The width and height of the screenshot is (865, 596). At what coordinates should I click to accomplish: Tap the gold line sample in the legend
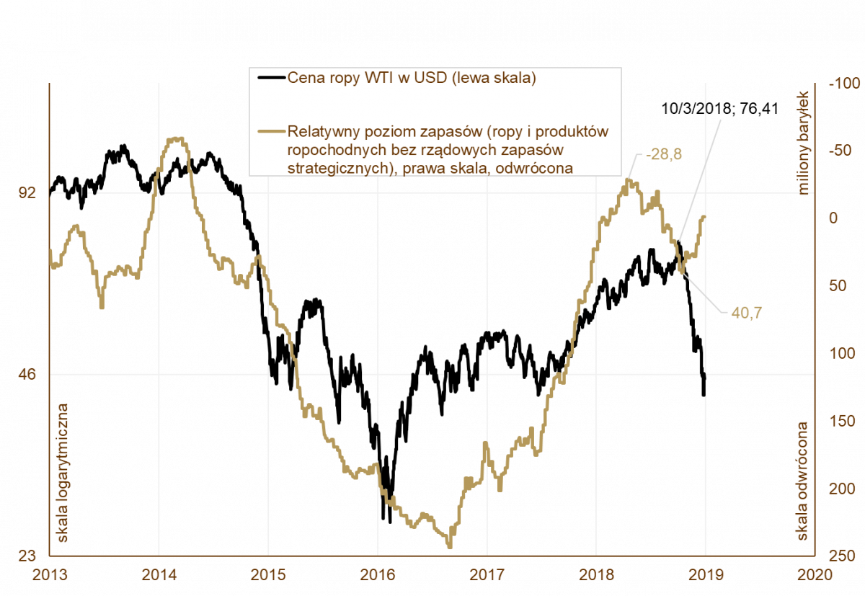point(271,132)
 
